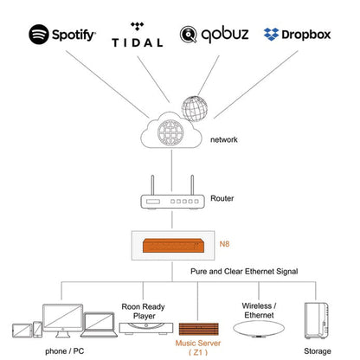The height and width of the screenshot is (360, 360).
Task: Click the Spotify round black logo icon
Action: pos(39,35)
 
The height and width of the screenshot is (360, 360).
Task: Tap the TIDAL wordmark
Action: pos(138,43)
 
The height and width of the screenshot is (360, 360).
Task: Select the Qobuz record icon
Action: pos(189,35)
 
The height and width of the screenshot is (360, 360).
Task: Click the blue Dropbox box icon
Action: pos(271,34)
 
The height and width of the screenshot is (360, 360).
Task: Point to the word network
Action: pos(224,139)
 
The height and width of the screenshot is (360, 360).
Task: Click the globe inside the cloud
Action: pos(170,132)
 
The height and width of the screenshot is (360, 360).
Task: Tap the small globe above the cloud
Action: pos(195,109)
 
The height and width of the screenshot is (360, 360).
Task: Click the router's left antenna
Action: pos(152,185)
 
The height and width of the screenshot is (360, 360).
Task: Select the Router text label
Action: pos(222,198)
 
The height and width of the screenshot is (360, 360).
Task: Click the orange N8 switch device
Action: pos(174,246)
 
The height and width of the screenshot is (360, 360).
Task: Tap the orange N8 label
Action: pos(224,244)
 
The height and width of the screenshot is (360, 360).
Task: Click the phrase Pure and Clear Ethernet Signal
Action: pos(244,271)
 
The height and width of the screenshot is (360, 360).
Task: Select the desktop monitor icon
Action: pos(63,320)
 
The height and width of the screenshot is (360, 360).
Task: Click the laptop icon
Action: pos(99,325)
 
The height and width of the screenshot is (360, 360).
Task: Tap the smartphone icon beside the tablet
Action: pos(37,329)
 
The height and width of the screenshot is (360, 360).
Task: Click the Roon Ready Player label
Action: pos(143,311)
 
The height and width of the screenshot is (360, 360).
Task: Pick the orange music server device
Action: pos(198,329)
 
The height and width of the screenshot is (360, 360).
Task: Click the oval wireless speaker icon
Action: pos(259,329)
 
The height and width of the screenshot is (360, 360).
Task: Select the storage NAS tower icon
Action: pos(317,320)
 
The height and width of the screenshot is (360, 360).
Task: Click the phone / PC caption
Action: pos(65,351)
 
